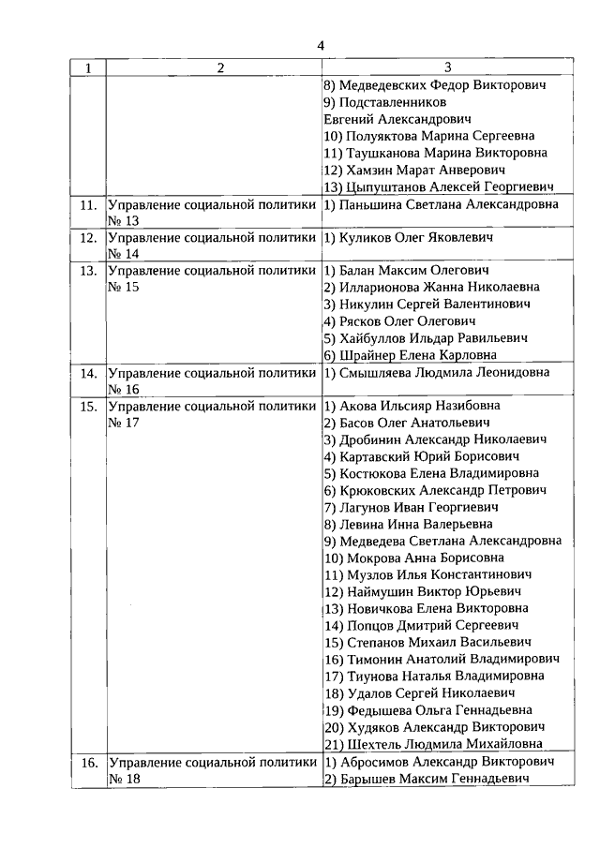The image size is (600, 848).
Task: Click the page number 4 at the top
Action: (321, 45)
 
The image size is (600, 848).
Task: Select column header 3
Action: (447, 68)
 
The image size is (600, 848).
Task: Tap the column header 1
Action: (88, 68)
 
